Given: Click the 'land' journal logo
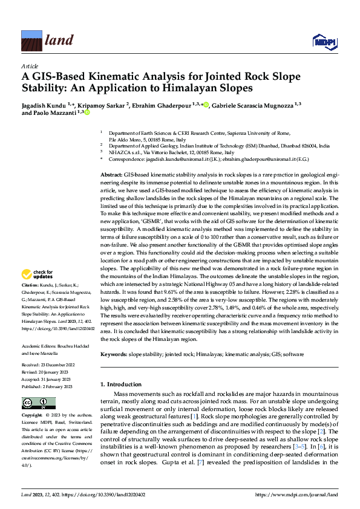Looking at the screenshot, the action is pyautogui.click(x=43, y=41).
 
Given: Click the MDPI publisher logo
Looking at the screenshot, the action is pyautogui.click(x=321, y=41).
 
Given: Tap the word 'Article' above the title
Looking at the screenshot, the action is pyautogui.click(x=29, y=65).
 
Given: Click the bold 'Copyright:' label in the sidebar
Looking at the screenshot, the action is pyautogui.click(x=33, y=416).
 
